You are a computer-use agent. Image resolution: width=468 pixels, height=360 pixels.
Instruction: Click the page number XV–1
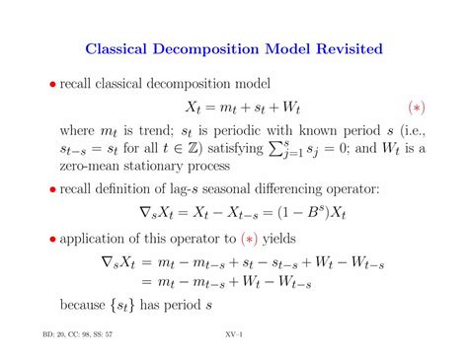point(234,334)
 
